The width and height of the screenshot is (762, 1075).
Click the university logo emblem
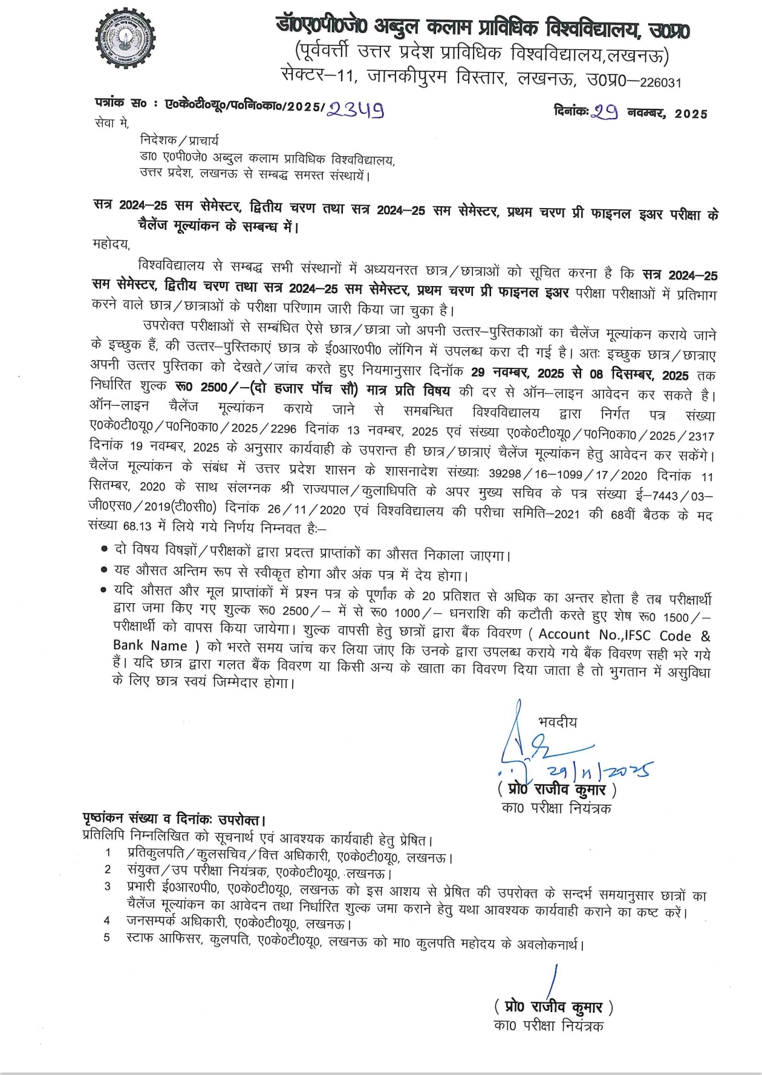[126, 41]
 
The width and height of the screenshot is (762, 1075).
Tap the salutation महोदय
[112, 244]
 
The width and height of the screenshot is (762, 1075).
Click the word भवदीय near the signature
[557, 722]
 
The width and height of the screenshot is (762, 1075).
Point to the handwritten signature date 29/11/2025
[599, 770]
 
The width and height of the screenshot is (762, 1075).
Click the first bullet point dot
[104, 549]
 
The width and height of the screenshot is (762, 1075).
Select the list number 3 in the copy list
[108, 886]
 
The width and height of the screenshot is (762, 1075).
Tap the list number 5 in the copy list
[107, 939]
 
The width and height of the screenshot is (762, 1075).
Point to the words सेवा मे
[111, 123]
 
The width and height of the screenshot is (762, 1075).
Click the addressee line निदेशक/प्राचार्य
[179, 141]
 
